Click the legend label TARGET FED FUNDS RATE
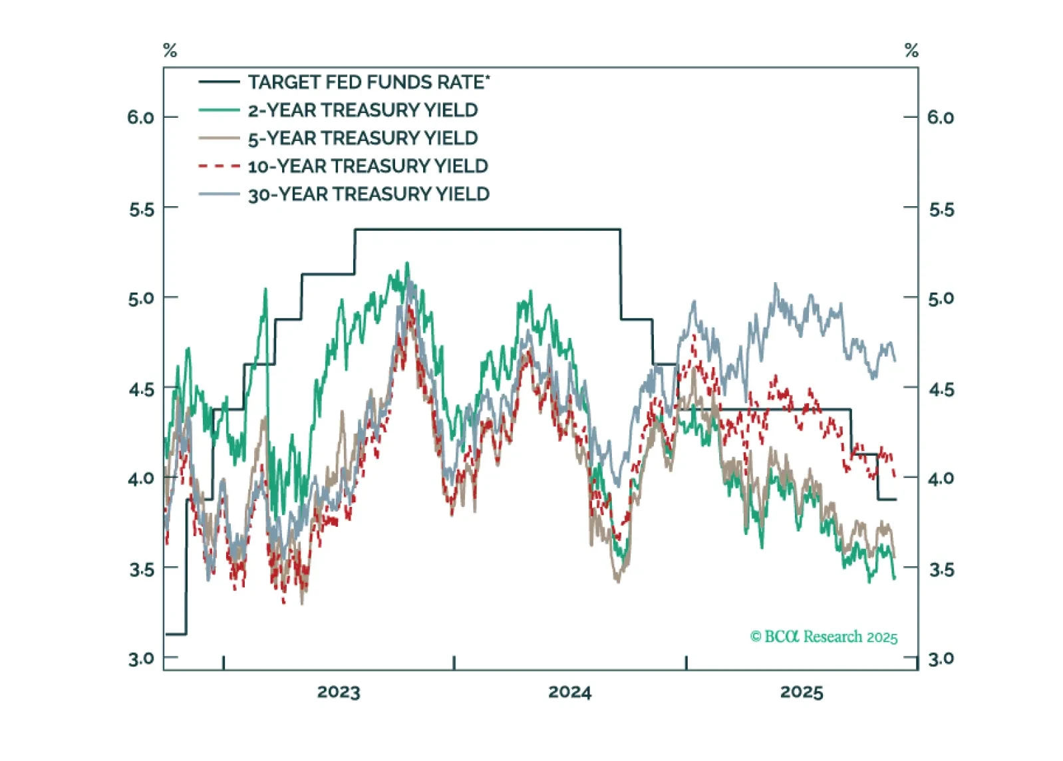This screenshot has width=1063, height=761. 366,82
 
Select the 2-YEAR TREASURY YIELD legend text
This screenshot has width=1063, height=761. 363,110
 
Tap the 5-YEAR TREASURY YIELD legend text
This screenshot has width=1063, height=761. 363,138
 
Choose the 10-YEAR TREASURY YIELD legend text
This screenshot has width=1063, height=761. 368,166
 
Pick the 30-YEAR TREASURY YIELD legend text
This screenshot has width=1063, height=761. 369,194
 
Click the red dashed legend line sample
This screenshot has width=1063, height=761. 219,166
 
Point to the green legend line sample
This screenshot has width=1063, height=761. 219,110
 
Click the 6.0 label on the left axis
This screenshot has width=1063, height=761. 140,118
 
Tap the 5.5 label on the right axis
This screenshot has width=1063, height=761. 941,210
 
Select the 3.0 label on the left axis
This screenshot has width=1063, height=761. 140,659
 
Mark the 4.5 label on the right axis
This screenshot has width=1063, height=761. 941,389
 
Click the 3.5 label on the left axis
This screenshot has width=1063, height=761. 141,569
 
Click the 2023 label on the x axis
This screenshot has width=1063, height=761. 339,692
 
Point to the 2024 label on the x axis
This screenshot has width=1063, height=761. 570,692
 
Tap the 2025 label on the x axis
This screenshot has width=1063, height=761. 802,692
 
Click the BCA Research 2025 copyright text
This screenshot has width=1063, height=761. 824,637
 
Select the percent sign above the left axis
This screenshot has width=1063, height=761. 170,51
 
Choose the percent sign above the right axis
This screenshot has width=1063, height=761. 911,51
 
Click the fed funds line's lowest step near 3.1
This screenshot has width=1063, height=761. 176,634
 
